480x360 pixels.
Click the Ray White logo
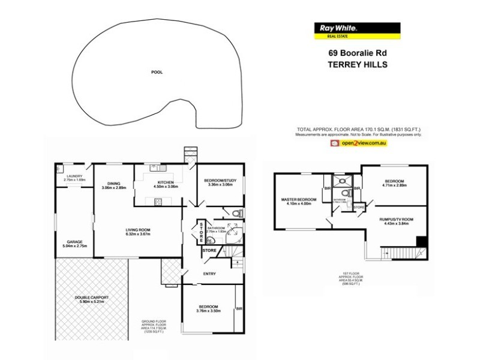357,29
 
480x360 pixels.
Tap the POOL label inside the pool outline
157,72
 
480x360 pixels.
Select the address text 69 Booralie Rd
357,52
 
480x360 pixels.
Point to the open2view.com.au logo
358,144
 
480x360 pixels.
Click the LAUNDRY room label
74,176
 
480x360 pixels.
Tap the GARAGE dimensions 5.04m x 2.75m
74,246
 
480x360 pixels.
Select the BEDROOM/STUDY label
218,181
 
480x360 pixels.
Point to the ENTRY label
209,275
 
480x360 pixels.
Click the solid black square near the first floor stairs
422,241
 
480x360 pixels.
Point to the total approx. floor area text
359,130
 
